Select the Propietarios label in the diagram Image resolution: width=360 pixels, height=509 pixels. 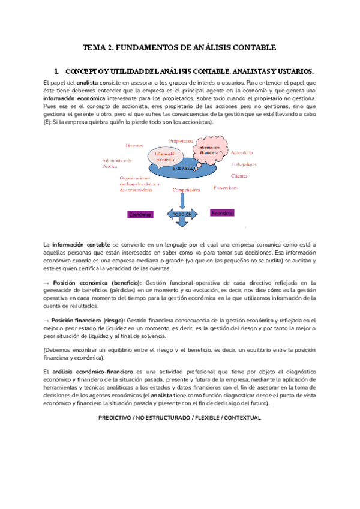[x=181, y=141]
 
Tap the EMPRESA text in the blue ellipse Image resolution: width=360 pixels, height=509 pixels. [x=182, y=169]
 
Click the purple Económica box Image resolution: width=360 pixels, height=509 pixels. [x=140, y=214]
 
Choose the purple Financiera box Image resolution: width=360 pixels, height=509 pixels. [x=221, y=212]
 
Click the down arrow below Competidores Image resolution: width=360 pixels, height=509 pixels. [x=182, y=200]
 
